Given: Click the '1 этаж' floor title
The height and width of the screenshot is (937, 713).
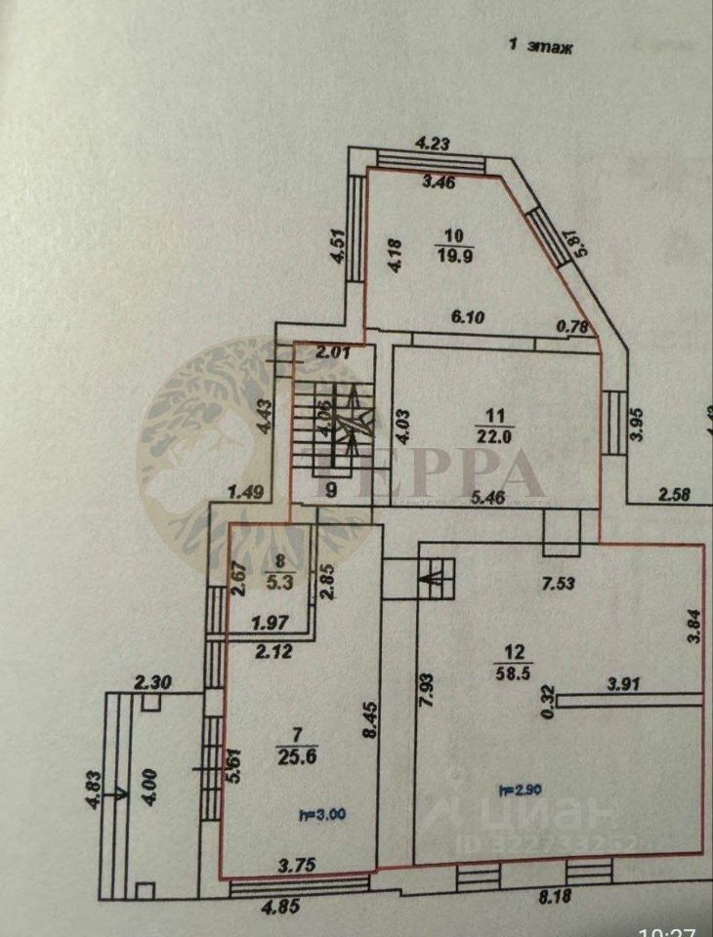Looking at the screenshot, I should [x=541, y=44].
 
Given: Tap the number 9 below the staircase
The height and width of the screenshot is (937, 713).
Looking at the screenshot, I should [x=330, y=491].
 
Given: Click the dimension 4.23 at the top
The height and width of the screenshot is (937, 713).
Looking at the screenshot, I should [x=432, y=144].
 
